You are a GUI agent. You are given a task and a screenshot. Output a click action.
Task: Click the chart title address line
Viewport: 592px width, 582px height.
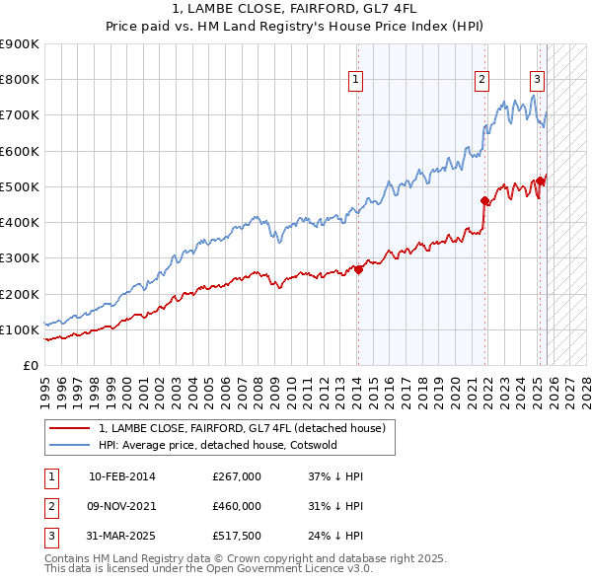295,9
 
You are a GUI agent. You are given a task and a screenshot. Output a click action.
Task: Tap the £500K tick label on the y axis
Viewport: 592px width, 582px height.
20,186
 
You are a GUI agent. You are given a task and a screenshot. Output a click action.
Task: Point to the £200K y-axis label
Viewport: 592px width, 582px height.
20,294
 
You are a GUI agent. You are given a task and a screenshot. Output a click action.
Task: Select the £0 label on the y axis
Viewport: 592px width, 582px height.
30,365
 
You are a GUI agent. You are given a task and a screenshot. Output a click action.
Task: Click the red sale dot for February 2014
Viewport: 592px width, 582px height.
358,269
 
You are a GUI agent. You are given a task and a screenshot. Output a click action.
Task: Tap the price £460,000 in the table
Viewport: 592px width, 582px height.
237,506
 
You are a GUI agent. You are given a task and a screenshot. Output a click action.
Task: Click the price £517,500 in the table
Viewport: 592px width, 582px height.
237,536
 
